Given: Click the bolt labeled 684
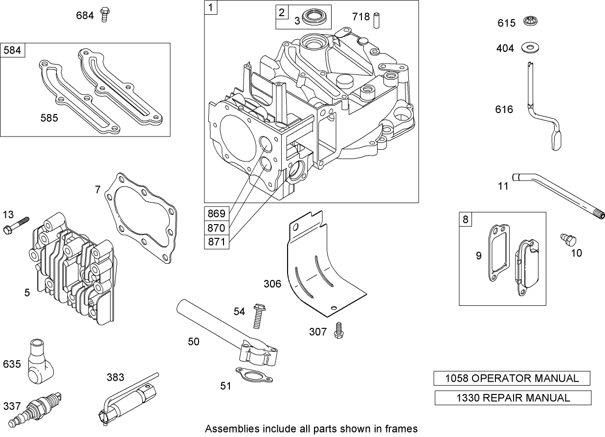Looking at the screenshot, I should click(104, 15).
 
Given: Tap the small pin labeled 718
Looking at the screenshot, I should click(377, 20).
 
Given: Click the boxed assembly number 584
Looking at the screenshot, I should click(13, 50).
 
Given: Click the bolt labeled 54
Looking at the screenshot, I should click(257, 316).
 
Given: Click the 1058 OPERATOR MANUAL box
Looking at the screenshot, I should click(512, 378).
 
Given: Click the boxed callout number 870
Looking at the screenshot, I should click(216, 228).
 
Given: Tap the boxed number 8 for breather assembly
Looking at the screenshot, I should click(465, 219).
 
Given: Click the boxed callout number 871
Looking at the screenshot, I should click(216, 242).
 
